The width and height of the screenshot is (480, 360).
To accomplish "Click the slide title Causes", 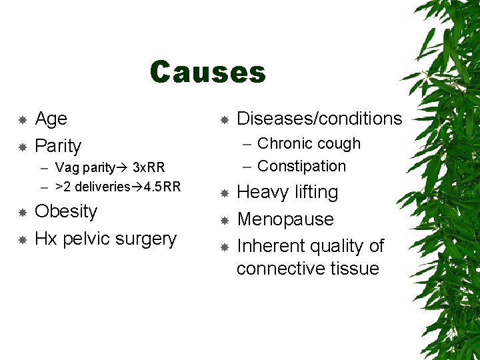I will (207, 72).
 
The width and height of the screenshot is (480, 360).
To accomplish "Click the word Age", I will (51, 119).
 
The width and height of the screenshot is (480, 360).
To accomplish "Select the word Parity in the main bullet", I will (58, 145).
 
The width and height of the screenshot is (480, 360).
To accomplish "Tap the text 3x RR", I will (149, 167).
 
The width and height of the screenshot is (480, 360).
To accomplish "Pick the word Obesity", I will (66, 211).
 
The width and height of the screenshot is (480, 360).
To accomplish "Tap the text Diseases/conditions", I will (319, 119).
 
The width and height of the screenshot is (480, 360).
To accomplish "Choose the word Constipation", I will (301, 166).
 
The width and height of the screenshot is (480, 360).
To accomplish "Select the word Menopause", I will (285, 219).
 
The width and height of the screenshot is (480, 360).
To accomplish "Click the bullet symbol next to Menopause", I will (225, 219).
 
